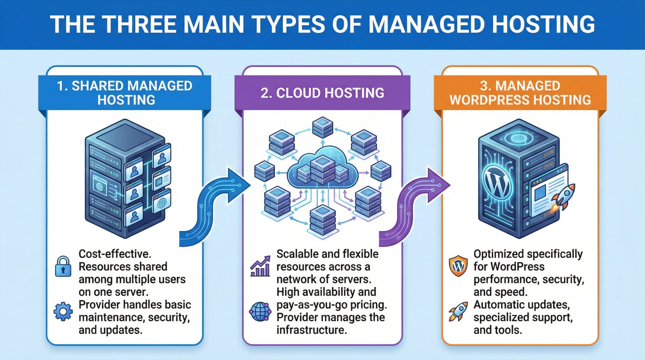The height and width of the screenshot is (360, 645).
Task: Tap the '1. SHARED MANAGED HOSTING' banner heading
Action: (x=125, y=93)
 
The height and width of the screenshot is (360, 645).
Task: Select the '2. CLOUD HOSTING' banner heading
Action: (x=322, y=93)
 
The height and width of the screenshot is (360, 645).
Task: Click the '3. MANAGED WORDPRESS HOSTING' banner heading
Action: (x=520, y=93)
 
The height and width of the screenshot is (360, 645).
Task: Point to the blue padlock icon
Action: (x=63, y=267)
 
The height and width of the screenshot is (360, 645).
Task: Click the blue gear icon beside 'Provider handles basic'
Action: (x=63, y=311)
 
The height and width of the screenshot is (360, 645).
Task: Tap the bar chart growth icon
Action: (x=260, y=267)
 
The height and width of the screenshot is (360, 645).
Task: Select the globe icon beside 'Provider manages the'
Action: (x=260, y=311)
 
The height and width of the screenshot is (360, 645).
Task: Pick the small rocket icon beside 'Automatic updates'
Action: (x=458, y=311)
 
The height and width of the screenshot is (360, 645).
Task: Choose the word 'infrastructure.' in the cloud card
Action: (x=311, y=330)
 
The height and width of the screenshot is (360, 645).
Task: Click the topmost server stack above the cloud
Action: (x=322, y=127)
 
